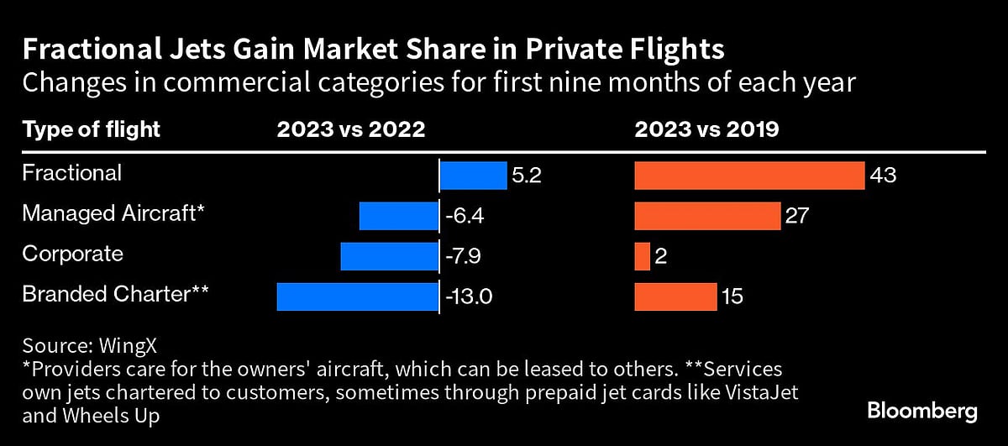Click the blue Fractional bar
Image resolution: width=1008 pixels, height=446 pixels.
click(474, 176)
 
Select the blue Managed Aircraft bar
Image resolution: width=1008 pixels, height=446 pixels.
click(398, 216)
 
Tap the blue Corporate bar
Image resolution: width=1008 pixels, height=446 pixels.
click(389, 256)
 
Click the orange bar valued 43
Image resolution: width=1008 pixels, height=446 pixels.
click(749, 176)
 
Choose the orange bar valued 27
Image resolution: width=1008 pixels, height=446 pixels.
click(707, 216)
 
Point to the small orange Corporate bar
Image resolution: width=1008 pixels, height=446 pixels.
click(642, 256)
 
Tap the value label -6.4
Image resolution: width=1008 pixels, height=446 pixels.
click(465, 217)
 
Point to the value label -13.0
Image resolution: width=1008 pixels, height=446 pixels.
click(470, 297)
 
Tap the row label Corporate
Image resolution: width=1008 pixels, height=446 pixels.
click(72, 254)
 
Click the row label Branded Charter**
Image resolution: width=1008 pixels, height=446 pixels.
click(115, 294)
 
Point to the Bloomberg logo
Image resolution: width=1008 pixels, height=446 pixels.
click(921, 412)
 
